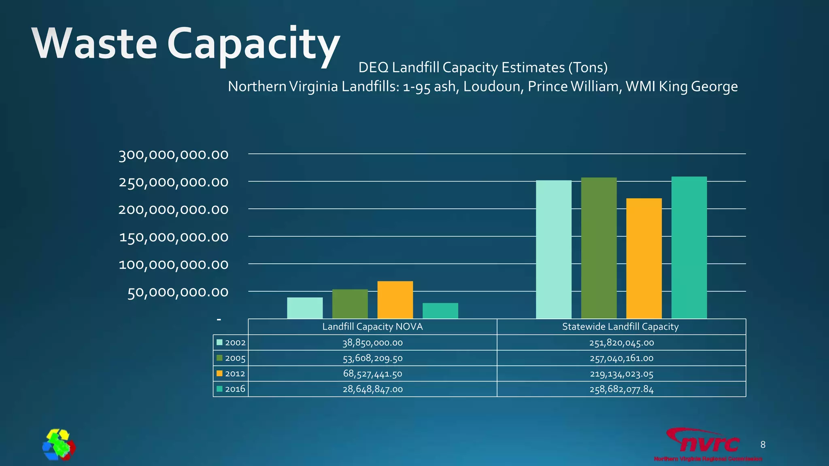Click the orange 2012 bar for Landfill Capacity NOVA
[395, 300]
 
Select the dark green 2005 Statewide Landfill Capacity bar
[599, 248]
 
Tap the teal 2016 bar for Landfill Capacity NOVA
[440, 311]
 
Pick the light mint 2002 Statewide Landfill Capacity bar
[553, 249]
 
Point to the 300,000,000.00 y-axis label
[173, 155]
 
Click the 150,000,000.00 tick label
[173, 237]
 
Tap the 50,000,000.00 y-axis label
[178, 292]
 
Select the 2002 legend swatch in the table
[220, 342]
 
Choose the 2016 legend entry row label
[235, 389]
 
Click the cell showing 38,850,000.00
[372, 343]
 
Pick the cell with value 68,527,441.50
[372, 374]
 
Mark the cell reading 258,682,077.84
[621, 389]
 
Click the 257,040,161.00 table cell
[621, 358]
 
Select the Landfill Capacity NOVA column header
[372, 326]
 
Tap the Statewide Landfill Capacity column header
[620, 326]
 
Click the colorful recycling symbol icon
[59, 445]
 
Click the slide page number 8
[763, 445]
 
